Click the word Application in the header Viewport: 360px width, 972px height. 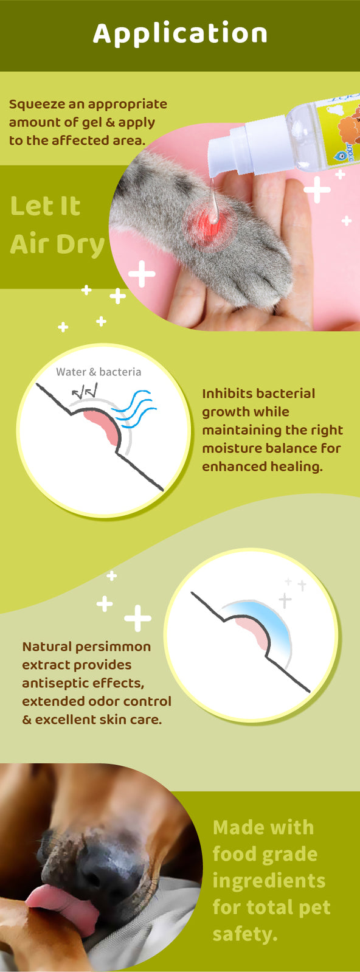[x=180, y=34]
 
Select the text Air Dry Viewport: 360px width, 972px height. [x=57, y=245]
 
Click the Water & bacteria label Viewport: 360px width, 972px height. [x=99, y=372]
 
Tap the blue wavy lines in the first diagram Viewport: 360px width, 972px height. [x=134, y=408]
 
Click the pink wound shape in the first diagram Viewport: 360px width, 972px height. [x=102, y=428]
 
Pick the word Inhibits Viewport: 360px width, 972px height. [x=227, y=394]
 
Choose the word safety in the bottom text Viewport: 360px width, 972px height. [x=244, y=934]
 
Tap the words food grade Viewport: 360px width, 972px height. [x=265, y=855]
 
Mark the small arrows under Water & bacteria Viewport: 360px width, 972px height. [x=85, y=392]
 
